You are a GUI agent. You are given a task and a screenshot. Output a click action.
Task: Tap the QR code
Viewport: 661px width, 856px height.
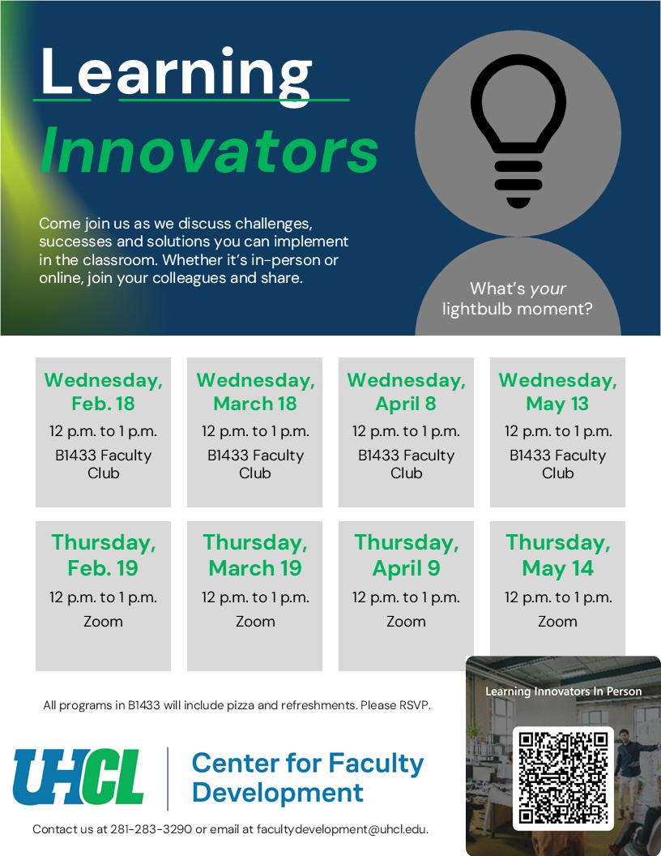click(x=564, y=777)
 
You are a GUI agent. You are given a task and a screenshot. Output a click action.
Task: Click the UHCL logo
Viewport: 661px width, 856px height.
click(x=79, y=777)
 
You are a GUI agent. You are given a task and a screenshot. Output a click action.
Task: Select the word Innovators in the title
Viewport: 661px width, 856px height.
click(x=209, y=151)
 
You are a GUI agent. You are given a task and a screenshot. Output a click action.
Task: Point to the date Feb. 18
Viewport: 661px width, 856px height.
click(x=103, y=404)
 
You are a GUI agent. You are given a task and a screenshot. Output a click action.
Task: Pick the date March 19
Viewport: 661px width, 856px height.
click(x=255, y=568)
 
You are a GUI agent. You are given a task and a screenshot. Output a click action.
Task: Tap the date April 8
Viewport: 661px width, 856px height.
click(x=406, y=404)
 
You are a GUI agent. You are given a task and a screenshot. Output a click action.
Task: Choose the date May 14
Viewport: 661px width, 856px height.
click(x=557, y=568)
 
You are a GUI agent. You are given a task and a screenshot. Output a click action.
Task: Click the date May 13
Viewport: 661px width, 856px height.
click(x=557, y=404)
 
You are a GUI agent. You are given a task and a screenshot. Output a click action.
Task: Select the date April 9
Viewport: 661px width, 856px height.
click(x=406, y=568)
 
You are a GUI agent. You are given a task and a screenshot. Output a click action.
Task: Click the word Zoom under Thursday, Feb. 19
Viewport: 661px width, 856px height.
click(x=103, y=622)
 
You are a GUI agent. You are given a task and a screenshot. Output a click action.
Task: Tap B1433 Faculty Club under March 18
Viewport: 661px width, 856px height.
click(x=255, y=464)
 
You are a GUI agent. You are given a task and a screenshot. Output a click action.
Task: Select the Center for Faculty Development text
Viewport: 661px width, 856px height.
click(x=308, y=777)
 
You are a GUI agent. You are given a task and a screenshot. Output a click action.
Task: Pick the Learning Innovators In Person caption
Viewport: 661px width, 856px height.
click(x=563, y=691)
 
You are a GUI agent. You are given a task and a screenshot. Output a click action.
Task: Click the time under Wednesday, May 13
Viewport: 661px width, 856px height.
click(x=557, y=431)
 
